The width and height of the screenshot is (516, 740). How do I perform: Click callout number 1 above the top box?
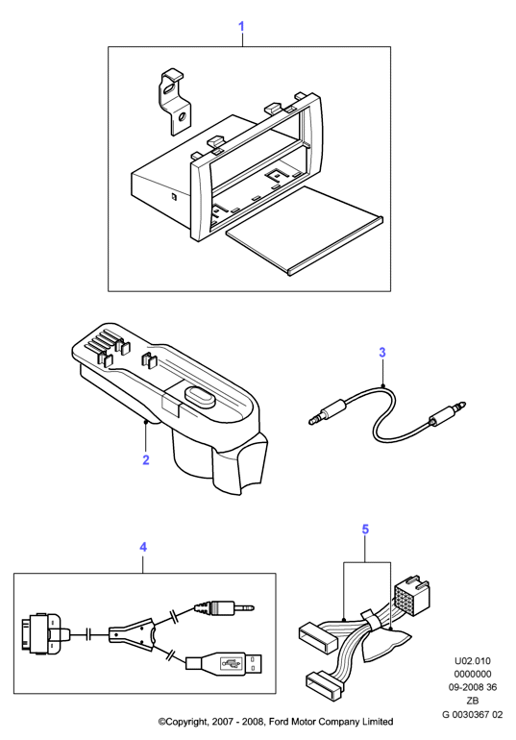coord(241,27)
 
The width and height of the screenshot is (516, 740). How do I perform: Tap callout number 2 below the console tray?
coord(146,459)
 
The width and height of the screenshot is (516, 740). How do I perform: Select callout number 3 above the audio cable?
coord(382,353)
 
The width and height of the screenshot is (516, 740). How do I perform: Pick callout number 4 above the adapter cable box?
coord(143,547)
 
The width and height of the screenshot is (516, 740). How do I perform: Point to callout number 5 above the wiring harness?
coord(365,530)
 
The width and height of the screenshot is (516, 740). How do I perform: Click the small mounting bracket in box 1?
coord(174,103)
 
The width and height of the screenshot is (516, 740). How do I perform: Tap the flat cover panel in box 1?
coord(305,231)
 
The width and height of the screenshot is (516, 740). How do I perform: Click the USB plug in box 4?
coord(224,662)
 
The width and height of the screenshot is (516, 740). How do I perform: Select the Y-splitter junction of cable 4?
coord(133,633)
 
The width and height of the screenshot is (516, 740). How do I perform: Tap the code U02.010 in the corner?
coord(472,661)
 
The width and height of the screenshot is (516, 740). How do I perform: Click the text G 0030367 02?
coord(472,714)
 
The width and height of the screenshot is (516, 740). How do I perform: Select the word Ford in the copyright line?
coord(280,722)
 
